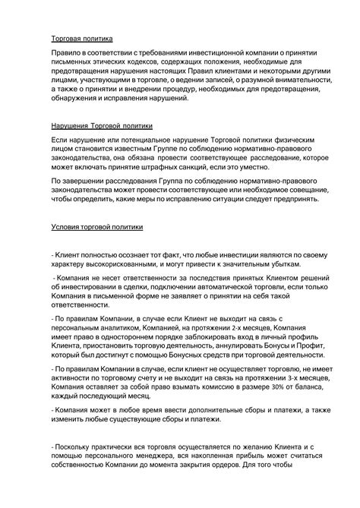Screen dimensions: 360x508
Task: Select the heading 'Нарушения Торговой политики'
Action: [x=102, y=127]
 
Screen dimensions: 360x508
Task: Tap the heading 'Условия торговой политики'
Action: [x=96, y=226]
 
